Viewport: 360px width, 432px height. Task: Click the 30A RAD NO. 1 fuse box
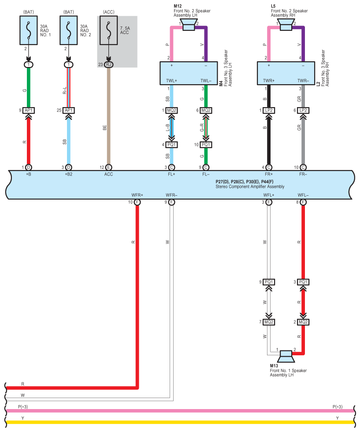tap(28, 30)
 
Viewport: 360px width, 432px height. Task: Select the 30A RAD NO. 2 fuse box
tap(69, 30)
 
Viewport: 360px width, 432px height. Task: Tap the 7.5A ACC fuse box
tap(108, 30)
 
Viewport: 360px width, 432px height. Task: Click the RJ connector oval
tap(108, 64)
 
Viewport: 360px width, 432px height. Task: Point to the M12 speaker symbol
tap(189, 25)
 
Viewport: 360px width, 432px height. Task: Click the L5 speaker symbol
tap(286, 25)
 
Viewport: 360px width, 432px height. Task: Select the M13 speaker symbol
tap(286, 357)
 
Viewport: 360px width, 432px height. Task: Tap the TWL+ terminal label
tap(171, 81)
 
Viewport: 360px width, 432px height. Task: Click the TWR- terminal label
tap(303, 81)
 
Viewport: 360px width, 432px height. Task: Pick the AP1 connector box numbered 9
tap(28, 111)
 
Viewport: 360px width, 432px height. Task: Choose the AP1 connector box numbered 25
tap(69, 111)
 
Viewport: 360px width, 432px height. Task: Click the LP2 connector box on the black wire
tap(269, 111)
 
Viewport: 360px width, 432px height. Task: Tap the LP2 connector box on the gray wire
tap(303, 111)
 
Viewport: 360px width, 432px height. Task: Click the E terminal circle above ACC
tap(108, 167)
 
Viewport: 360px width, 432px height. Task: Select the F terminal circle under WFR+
tap(137, 202)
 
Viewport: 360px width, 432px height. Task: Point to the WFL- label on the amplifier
tap(303, 195)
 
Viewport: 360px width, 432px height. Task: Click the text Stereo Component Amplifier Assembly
tap(250, 186)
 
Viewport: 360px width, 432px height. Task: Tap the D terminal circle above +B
tap(28, 167)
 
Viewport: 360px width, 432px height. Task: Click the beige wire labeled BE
tap(108, 116)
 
